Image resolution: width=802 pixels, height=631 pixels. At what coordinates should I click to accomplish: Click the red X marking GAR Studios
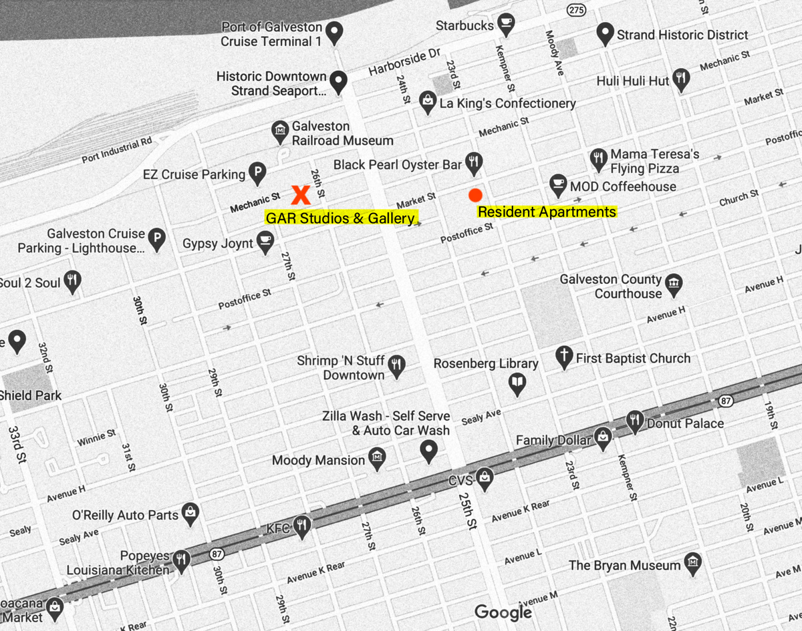[x=301, y=194]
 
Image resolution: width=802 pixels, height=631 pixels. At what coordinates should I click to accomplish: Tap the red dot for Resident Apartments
[x=475, y=195]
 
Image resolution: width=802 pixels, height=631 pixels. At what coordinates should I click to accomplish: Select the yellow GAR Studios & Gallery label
[x=341, y=218]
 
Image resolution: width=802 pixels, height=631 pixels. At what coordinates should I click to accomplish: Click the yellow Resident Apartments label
[x=547, y=212]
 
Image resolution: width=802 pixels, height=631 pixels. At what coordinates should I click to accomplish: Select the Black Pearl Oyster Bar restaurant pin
[x=475, y=161]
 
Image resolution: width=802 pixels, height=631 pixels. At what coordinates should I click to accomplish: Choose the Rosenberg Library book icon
[x=517, y=383]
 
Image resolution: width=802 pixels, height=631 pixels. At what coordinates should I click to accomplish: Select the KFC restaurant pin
[x=302, y=526]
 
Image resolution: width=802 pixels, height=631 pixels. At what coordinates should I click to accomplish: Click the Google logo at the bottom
[x=503, y=612]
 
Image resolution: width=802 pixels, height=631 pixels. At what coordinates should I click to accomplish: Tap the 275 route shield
[x=576, y=10]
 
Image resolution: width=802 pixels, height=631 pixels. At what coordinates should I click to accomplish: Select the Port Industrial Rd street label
[x=117, y=151]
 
